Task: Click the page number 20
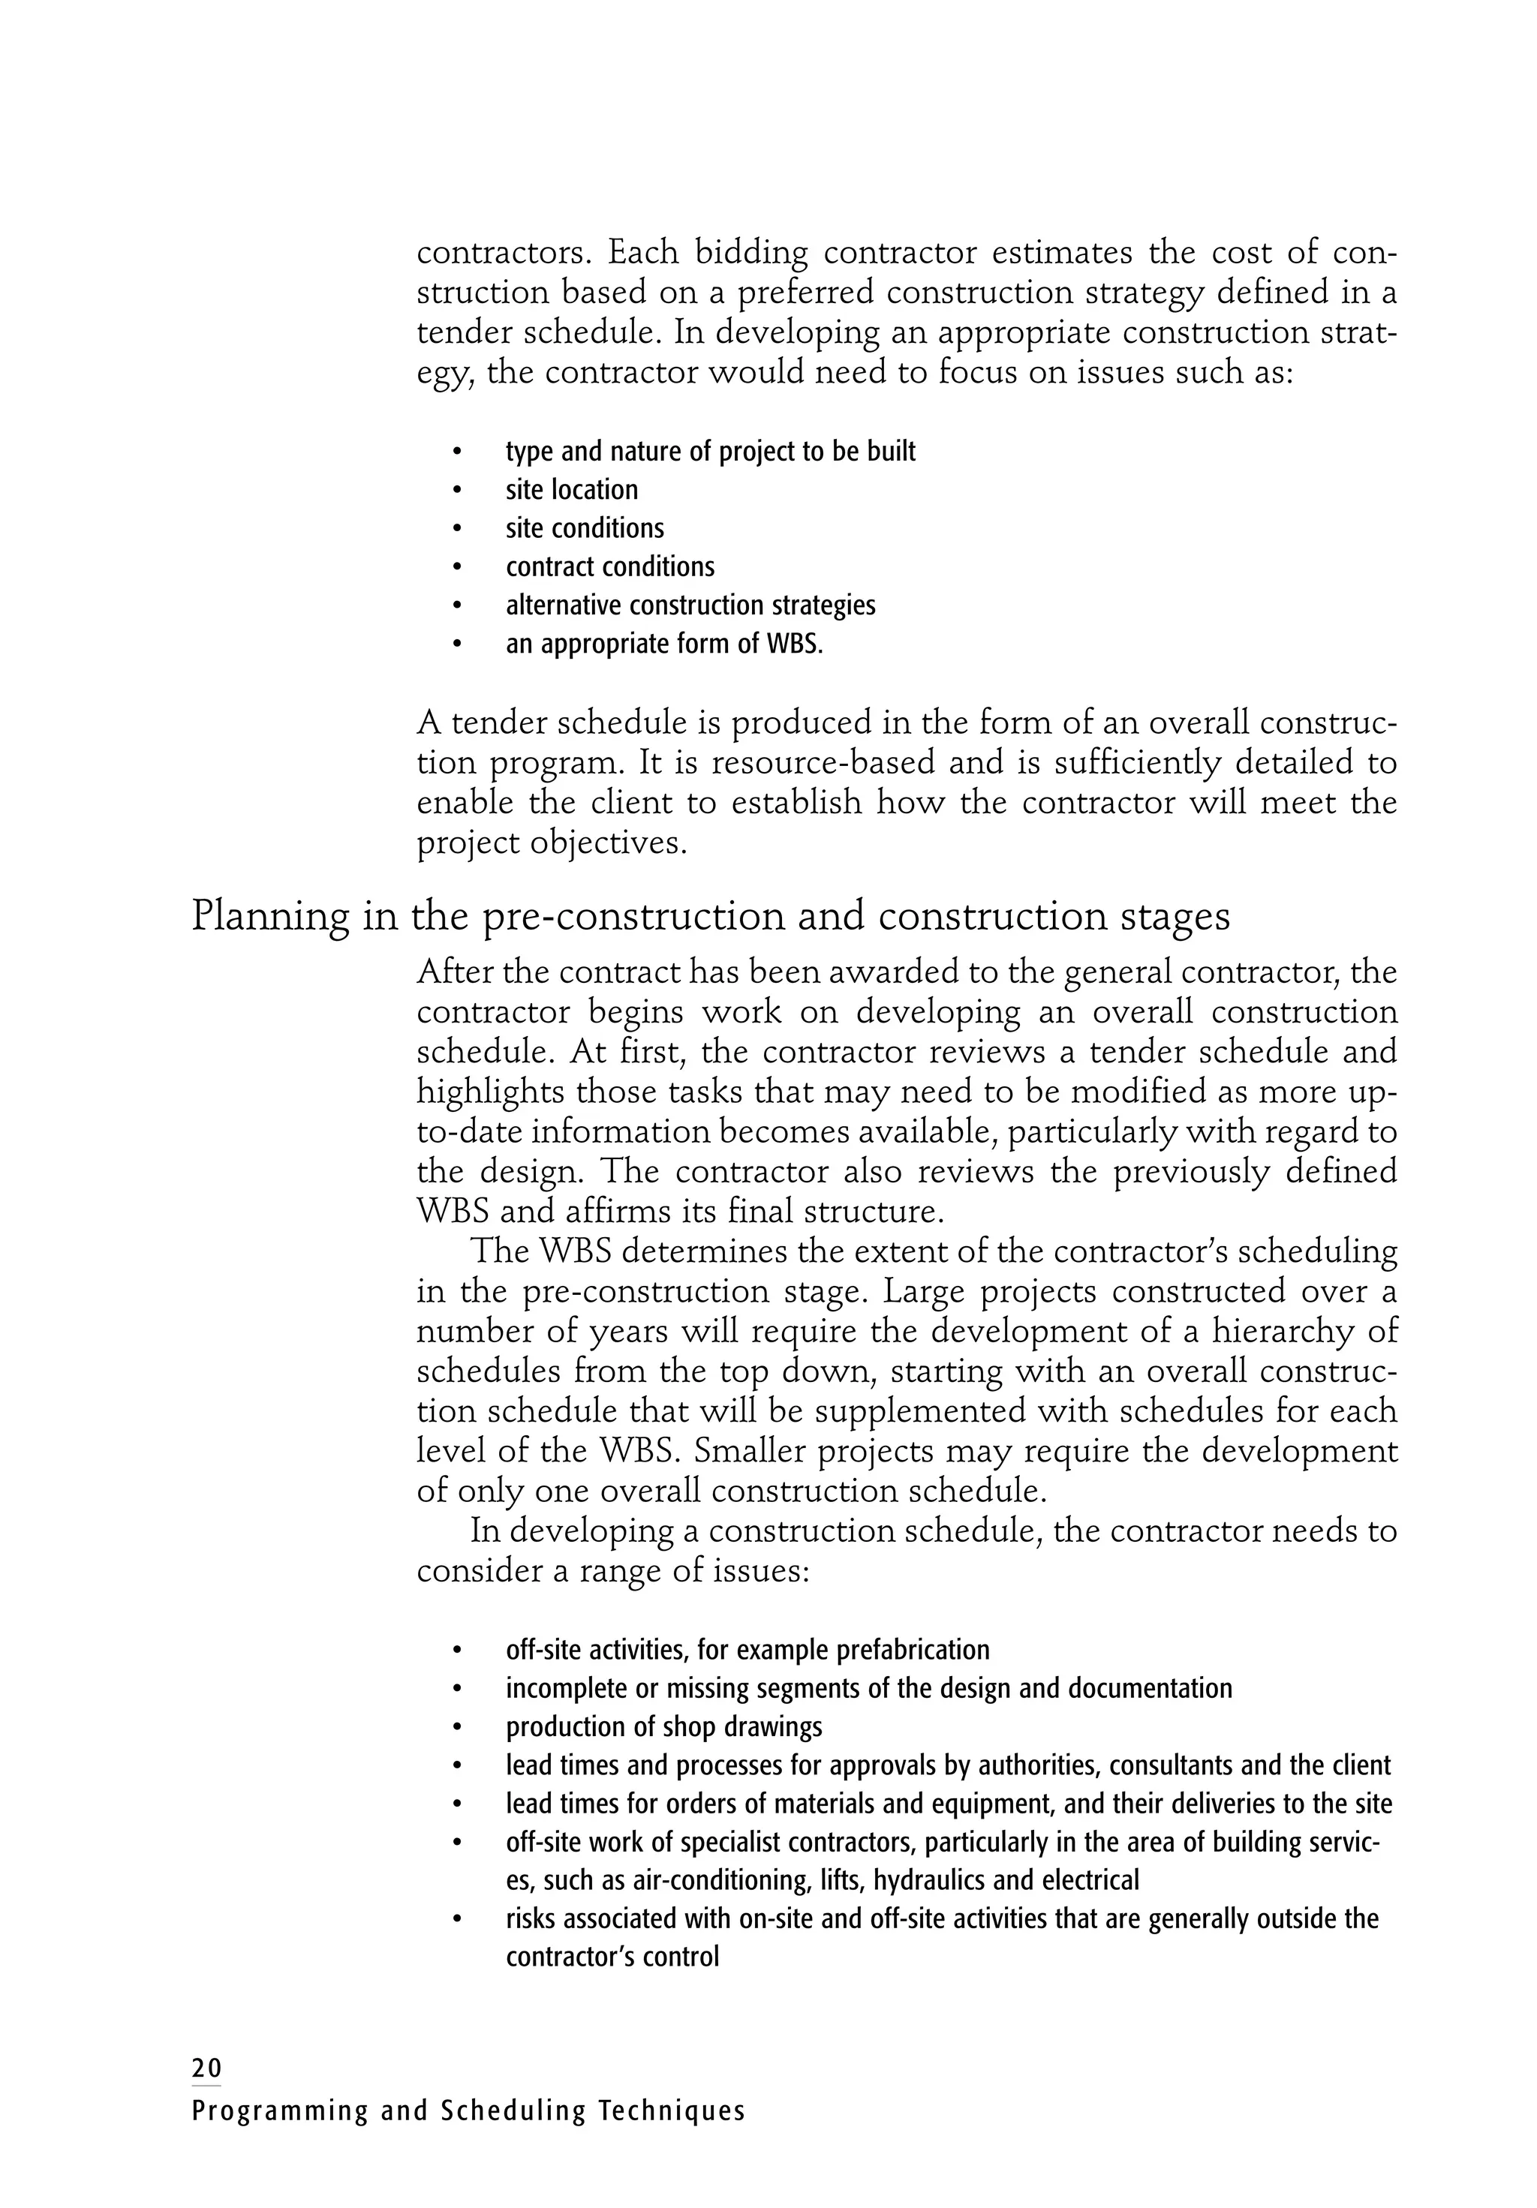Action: click(206, 2068)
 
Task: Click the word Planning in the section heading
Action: click(269, 915)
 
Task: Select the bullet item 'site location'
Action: click(571, 489)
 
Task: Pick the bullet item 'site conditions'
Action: click(584, 528)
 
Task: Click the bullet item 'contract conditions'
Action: click(610, 566)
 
